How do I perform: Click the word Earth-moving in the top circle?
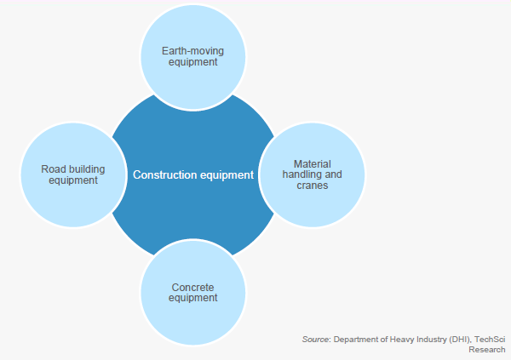tap(192, 51)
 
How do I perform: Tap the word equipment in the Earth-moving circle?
tap(192, 62)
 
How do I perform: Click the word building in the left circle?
tap(87, 169)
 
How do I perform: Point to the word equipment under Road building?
tap(73, 180)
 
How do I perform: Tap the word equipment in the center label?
tap(227, 175)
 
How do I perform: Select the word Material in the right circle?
tap(313, 163)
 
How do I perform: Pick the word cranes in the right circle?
tap(313, 186)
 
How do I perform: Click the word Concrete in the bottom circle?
tap(192, 288)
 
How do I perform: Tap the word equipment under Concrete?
tap(192, 298)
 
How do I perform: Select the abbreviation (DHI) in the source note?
tap(460, 340)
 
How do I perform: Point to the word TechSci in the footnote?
tap(490, 340)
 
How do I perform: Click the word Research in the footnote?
tap(487, 350)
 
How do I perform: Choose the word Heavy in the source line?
tap(402, 340)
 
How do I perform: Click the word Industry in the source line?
tap(432, 340)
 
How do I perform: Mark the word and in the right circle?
tap(333, 174)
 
